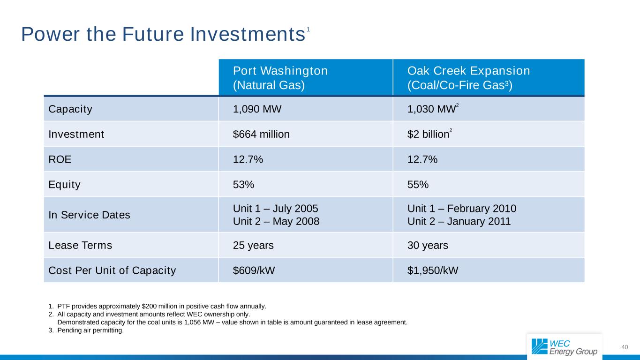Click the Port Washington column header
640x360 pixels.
[280, 78]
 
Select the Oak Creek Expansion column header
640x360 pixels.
[468, 78]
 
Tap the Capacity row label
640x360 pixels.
[70, 109]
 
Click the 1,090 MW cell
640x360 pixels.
[257, 109]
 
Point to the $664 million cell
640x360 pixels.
[261, 135]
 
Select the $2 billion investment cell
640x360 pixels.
[428, 135]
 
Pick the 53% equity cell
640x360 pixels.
[243, 185]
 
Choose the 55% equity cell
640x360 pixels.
[418, 185]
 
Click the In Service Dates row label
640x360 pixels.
[90, 215]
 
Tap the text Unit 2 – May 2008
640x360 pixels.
[276, 221]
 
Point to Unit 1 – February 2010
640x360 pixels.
[462, 209]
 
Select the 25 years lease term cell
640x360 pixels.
[253, 245]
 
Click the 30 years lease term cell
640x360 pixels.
[428, 245]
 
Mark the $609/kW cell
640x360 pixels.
[251, 270]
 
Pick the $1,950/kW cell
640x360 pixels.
[433, 270]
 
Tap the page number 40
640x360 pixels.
[624, 347]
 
